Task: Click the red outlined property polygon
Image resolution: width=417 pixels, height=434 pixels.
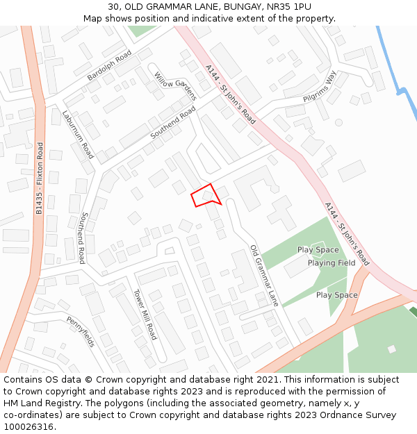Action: pos(205,195)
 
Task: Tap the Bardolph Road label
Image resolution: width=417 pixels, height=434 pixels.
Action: pos(109,65)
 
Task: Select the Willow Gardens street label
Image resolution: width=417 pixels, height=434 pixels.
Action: pos(176,85)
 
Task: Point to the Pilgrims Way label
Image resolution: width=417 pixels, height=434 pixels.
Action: pos(319,87)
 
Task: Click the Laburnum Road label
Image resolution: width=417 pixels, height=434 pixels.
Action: pos(77,135)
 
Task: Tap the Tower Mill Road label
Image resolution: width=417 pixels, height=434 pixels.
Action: pos(145,314)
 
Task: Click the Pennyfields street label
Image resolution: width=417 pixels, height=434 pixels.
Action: pos(81,332)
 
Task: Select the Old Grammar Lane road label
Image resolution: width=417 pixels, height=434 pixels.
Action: pos(264,276)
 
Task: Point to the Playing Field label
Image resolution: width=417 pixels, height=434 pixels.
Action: pos(332,263)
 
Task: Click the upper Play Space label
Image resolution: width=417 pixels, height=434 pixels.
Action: pos(318,250)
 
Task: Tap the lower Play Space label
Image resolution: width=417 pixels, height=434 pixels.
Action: pos(337,295)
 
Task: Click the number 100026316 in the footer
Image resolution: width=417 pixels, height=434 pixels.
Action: pos(30,427)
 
